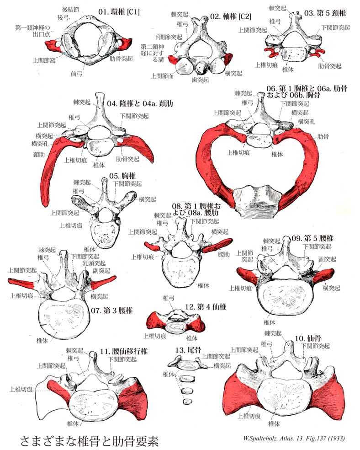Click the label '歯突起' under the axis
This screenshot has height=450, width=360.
point(200,79)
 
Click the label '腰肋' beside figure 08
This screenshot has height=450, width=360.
point(223,253)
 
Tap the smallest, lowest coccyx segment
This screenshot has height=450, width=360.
point(186,401)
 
